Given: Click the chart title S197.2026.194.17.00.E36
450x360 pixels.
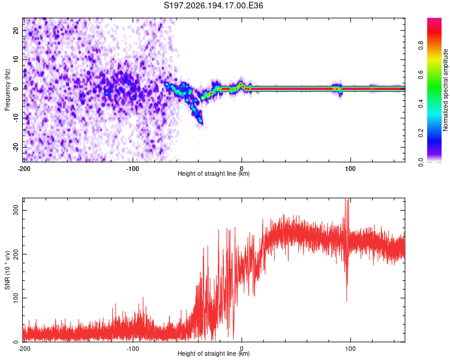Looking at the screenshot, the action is point(213,5).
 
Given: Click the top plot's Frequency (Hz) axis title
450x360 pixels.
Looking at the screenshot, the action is point(7,90).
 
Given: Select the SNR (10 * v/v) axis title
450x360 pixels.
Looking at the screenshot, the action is point(7,270).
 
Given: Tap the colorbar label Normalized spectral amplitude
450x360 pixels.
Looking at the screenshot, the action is point(445,90).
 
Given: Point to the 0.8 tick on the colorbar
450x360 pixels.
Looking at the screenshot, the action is point(421,46).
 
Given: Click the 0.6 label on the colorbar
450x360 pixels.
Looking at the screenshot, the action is point(421,74).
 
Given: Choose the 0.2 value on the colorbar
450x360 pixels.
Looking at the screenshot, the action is point(421,133).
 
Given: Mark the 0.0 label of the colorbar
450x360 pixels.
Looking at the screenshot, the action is point(421,162).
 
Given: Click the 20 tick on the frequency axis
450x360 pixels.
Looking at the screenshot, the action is point(16,30).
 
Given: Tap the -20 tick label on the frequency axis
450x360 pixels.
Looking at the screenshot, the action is point(16,147).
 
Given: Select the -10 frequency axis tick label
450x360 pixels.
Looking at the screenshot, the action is point(16,118).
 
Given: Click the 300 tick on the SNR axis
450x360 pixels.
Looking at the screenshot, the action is point(16,210).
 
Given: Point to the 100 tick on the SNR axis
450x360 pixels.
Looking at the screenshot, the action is point(16,298).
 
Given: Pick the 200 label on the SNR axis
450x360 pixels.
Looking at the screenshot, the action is point(16,254).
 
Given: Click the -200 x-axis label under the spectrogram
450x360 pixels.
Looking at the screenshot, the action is point(24,169).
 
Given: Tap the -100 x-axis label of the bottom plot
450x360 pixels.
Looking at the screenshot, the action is point(133,349).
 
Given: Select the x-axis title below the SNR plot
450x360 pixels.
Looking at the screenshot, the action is point(214,353).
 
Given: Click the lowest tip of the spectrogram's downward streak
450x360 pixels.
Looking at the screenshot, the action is point(201,123).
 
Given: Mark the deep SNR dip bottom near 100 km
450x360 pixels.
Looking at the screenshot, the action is point(346,300).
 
